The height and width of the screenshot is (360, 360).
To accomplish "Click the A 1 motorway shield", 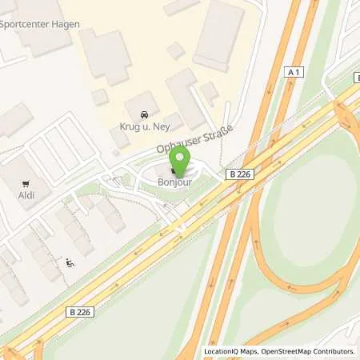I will [x=294, y=72].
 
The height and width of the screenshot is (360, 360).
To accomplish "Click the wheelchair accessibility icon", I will [x=69, y=262].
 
